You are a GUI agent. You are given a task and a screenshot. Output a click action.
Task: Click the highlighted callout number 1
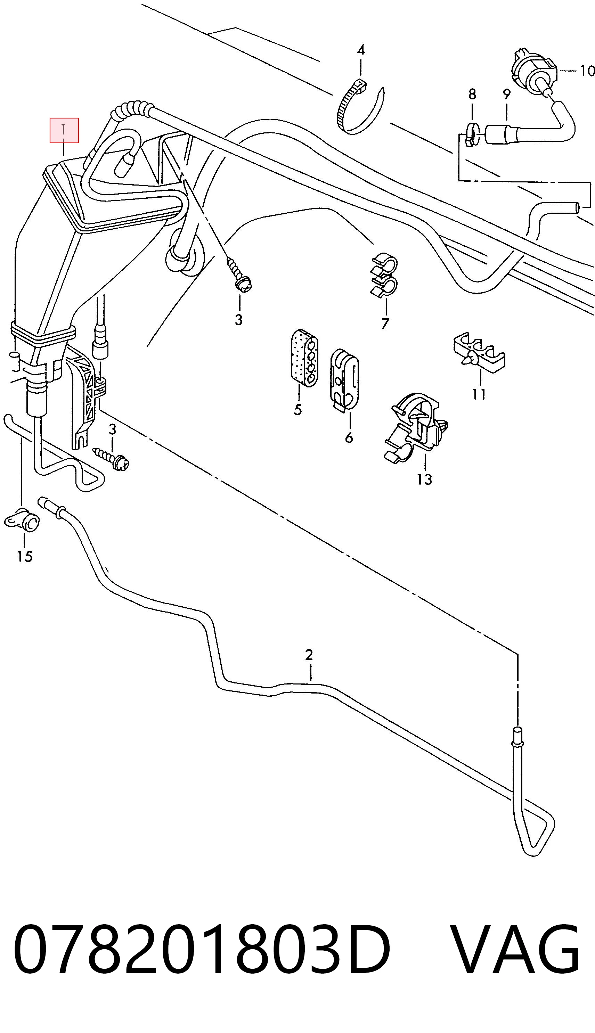pyautogui.click(x=64, y=130)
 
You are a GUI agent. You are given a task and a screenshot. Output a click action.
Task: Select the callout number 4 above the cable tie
pyautogui.click(x=360, y=50)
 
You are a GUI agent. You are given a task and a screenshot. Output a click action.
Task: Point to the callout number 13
pyautogui.click(x=424, y=479)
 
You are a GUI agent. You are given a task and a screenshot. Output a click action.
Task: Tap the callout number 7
pyautogui.click(x=385, y=323)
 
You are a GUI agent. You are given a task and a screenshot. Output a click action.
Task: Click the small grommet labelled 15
pyautogui.click(x=23, y=519)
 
